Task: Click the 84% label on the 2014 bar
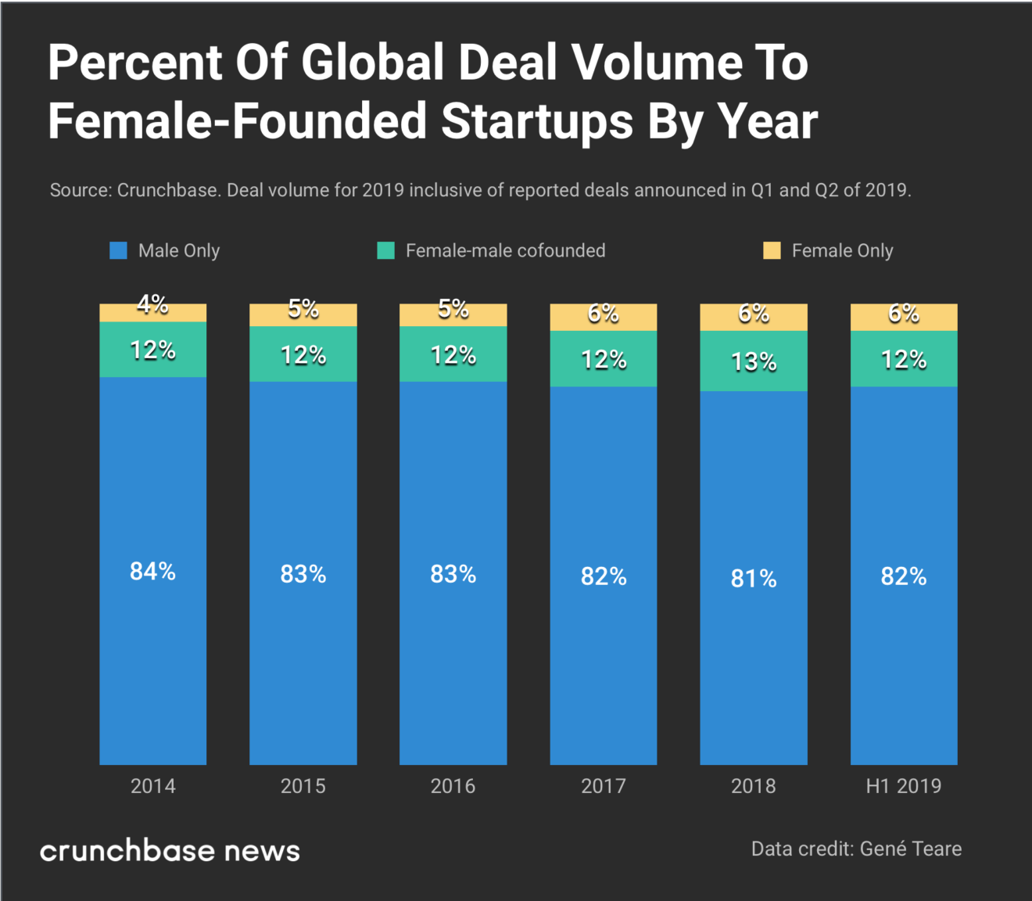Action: [152, 572]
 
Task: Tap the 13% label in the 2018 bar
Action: [754, 362]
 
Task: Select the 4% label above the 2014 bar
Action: [152, 304]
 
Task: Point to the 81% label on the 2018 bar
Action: [754, 579]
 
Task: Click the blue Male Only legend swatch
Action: [118, 250]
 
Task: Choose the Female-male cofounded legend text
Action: [505, 250]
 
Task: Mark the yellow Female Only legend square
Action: [772, 250]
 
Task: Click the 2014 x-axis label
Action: [152, 786]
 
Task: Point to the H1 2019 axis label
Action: [903, 786]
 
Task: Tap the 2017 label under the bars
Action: [603, 786]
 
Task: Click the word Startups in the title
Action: [536, 121]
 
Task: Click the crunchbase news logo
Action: [170, 851]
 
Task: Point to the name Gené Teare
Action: [911, 849]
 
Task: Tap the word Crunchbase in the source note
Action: [167, 190]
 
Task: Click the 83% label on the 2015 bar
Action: [303, 575]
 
